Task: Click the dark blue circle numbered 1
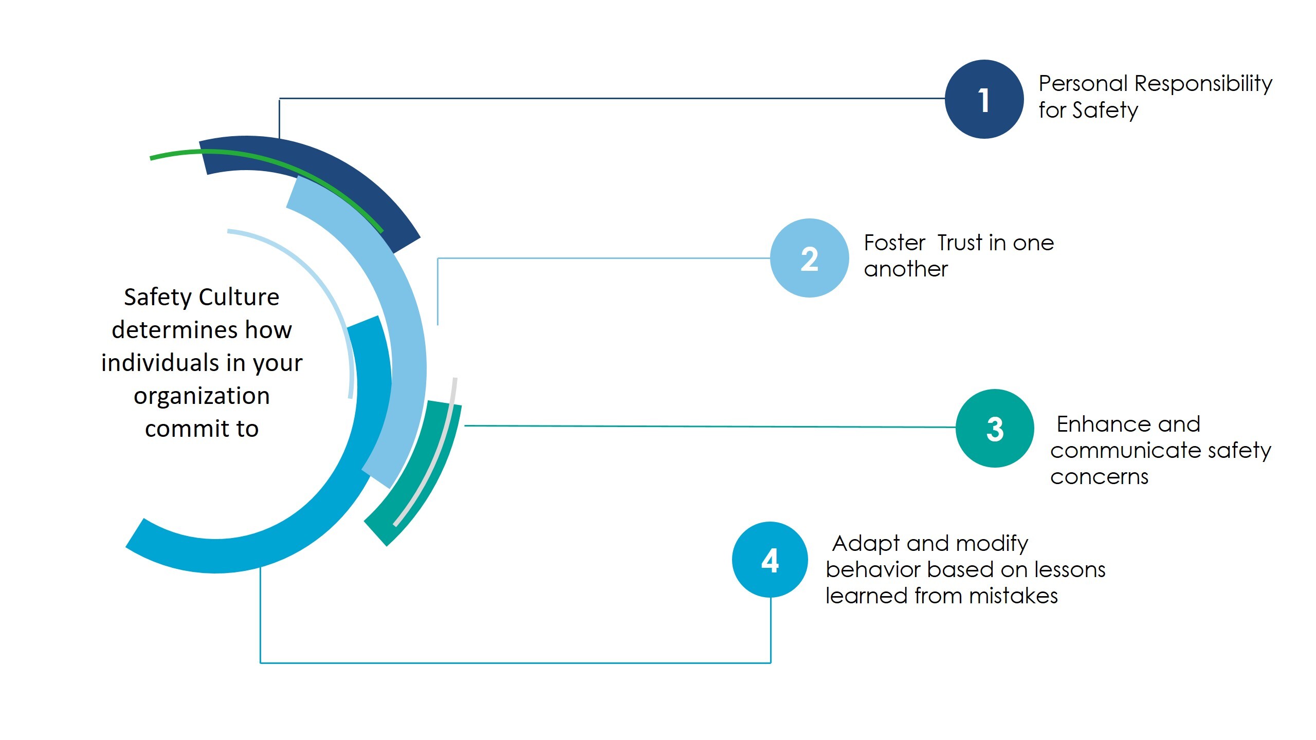pos(984,99)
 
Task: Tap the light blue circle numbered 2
pos(809,258)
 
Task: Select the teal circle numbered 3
pos(995,428)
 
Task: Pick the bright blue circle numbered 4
pos(770,560)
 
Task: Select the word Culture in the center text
pos(239,297)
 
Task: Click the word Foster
pos(894,243)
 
